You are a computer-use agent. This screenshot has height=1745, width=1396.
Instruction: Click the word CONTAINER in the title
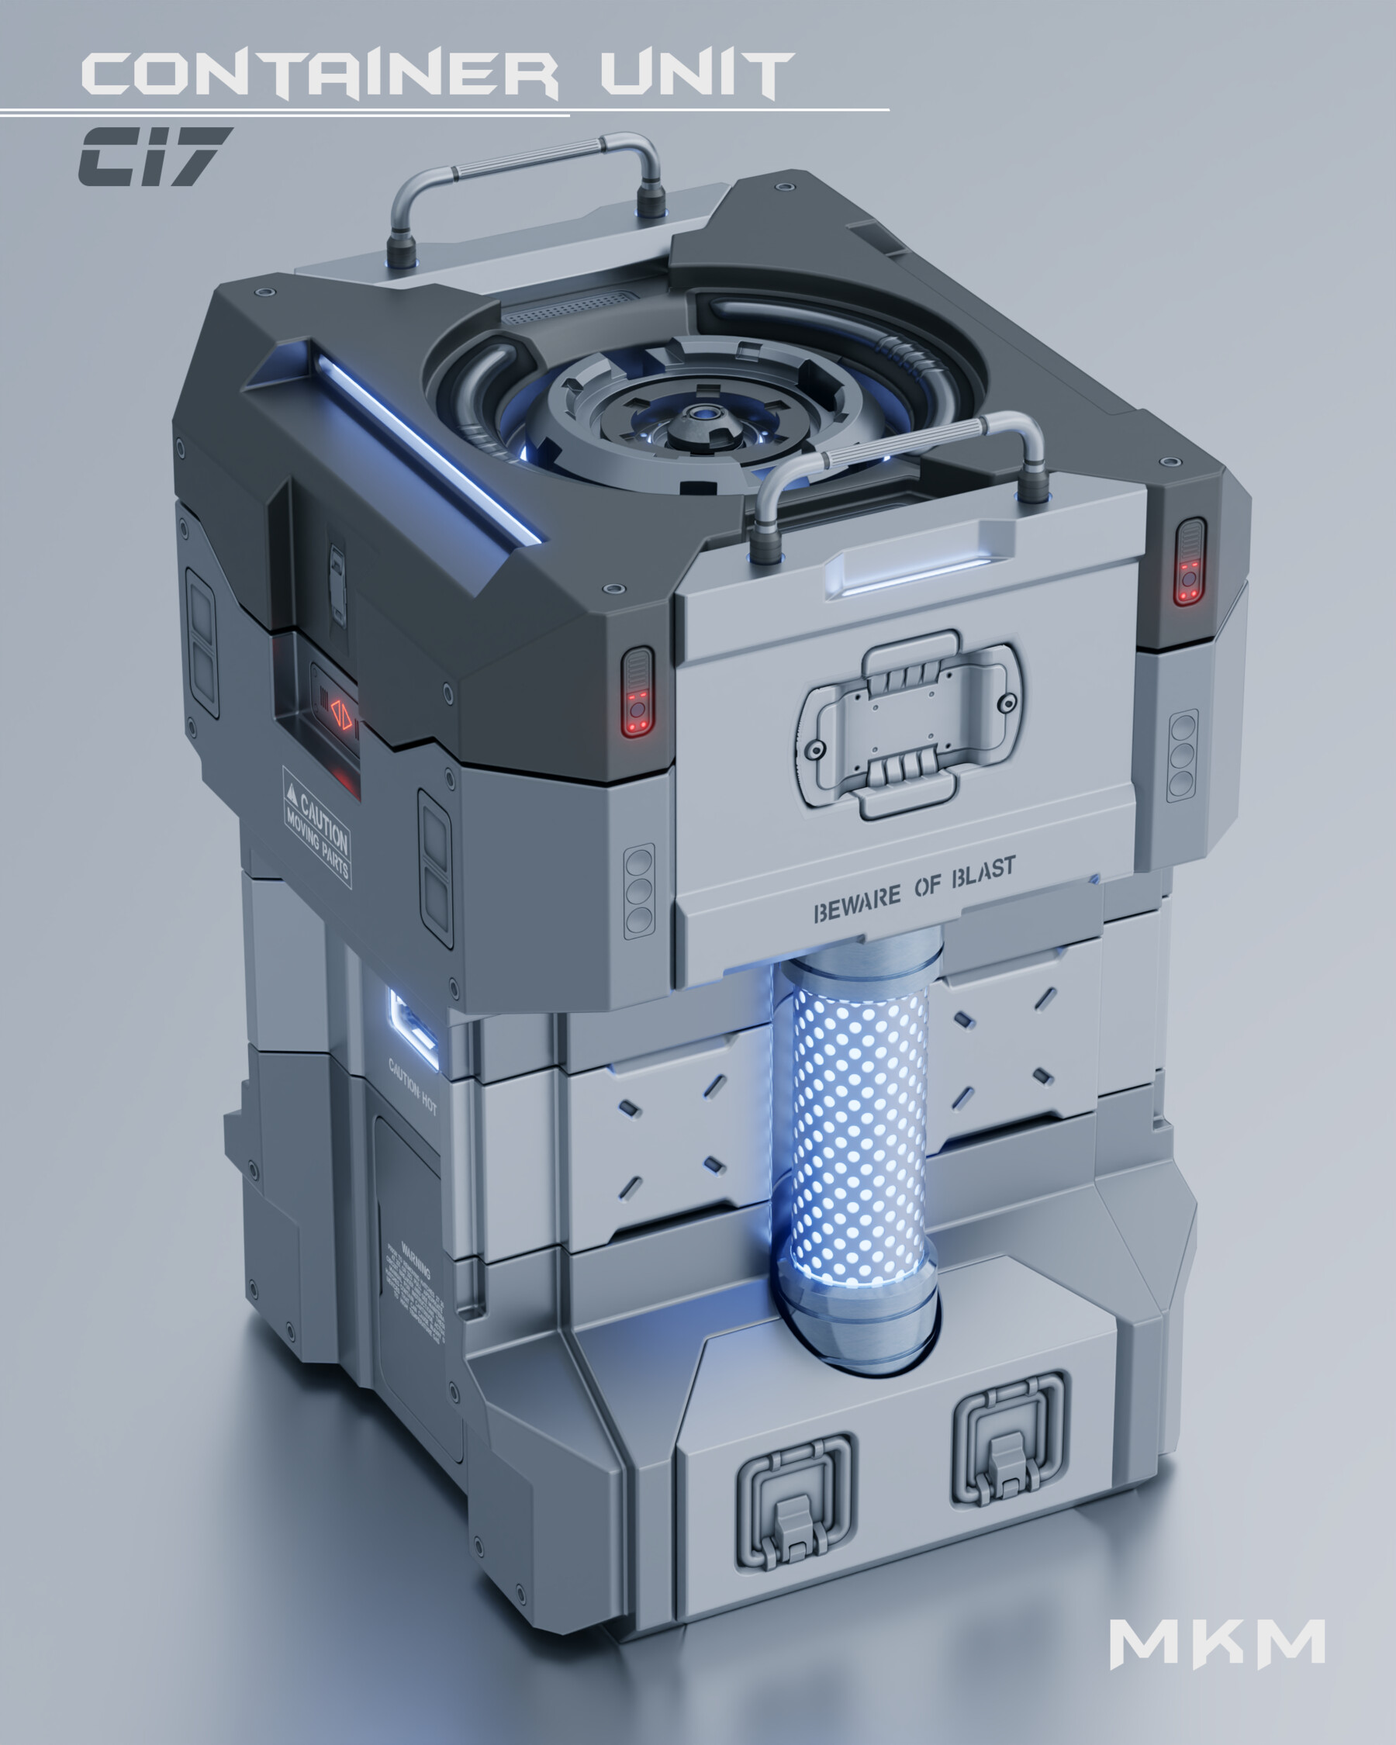pyautogui.click(x=320, y=74)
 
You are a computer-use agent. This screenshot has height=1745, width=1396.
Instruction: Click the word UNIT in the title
pyautogui.click(x=696, y=74)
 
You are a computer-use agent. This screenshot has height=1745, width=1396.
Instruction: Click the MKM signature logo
pyautogui.click(x=1216, y=1644)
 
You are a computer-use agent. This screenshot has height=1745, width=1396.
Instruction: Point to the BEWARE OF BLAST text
pyautogui.click(x=914, y=890)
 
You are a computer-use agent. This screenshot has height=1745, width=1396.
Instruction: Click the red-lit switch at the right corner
pyautogui.click(x=1189, y=562)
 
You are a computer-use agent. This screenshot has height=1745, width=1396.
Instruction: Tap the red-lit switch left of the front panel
pyautogui.click(x=638, y=693)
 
